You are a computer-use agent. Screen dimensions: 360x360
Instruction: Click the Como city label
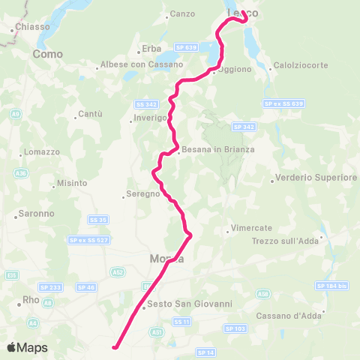[x=46, y=54]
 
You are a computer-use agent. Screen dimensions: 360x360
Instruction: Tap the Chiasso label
[x=33, y=27]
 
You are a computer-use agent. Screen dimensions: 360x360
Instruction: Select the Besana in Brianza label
[x=218, y=149]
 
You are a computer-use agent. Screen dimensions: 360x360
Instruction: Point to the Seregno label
[x=143, y=193]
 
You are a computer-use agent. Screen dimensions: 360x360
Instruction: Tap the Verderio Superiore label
[x=316, y=178]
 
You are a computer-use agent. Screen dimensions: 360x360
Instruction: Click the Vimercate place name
[x=251, y=227]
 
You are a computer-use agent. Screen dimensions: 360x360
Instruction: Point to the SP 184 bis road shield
[x=333, y=286]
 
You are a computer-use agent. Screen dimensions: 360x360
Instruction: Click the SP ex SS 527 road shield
[x=88, y=240]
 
